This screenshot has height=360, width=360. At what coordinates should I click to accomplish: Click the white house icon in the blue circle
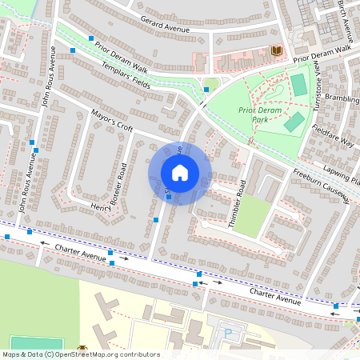pyautogui.click(x=180, y=173)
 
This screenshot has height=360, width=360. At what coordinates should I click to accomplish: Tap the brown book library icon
pyautogui.click(x=277, y=51)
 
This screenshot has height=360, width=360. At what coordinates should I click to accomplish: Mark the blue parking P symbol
pyautogui.click(x=229, y=331)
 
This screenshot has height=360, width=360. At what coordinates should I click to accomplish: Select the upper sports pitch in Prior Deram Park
pyautogui.click(x=299, y=84)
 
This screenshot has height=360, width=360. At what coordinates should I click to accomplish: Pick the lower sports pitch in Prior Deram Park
pyautogui.click(x=294, y=122)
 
